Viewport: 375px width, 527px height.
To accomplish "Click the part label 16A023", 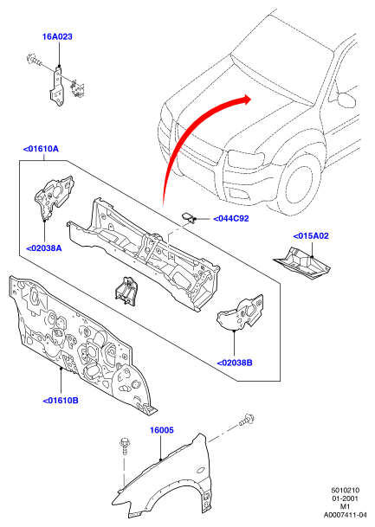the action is coord(57,36).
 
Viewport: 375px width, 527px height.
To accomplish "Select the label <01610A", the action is coord(41,149).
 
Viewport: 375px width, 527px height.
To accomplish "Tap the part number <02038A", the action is coord(44,248).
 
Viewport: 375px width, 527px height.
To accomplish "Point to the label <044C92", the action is coord(231,219).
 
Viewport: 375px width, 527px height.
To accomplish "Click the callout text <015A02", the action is coord(311,236).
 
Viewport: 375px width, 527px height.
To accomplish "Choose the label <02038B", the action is coord(235,363).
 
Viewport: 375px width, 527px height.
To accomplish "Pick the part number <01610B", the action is coord(61,401).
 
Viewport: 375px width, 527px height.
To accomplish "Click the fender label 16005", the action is coord(162,430).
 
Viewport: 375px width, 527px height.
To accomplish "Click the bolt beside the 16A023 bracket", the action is coord(33,60).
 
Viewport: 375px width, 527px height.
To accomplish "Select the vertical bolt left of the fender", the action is coord(124,446).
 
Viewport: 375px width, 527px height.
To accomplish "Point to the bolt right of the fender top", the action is coord(247,420).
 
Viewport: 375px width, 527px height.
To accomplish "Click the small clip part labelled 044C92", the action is coord(189,217).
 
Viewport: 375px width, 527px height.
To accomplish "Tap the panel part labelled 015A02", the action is coord(302,263).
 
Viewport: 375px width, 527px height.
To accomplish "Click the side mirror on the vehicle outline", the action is coord(347,99).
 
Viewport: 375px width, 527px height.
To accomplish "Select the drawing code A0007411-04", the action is coord(345,515).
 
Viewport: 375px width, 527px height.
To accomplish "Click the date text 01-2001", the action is coord(346,498).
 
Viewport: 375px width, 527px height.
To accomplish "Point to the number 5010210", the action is coord(346,491).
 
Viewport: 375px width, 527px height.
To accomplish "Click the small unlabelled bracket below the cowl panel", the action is coord(126,291).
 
